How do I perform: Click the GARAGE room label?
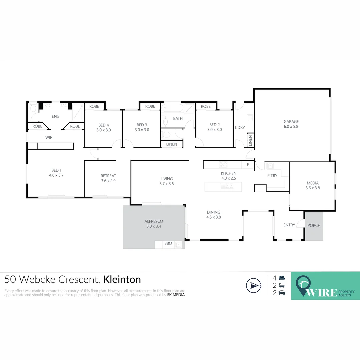[x=291, y=122]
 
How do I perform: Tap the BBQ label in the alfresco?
[x=168, y=244]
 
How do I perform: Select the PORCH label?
[x=314, y=226]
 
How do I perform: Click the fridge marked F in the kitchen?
[x=248, y=165]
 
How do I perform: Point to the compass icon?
[x=253, y=285]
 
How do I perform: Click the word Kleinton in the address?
[x=122, y=279]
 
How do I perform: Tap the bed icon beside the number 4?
[x=282, y=278]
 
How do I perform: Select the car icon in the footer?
[x=282, y=293]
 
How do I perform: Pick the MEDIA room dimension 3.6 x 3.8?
[x=313, y=188]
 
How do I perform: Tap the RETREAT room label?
[x=108, y=176]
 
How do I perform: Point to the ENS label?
[x=55, y=116]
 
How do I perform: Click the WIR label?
[x=49, y=137]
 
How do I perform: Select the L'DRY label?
[x=240, y=128]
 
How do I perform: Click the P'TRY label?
[x=272, y=176]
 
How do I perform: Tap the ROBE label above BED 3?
[x=150, y=106]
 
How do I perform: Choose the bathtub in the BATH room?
[x=172, y=108]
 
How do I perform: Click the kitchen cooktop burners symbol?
[x=223, y=165]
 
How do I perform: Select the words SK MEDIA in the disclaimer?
[x=176, y=295]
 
